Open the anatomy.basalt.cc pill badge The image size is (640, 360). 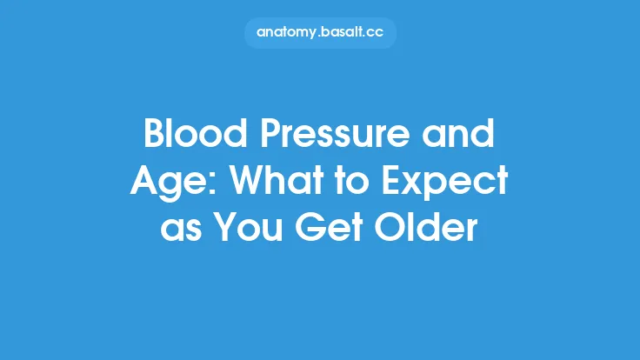(x=320, y=32)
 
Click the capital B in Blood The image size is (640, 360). (x=154, y=137)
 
